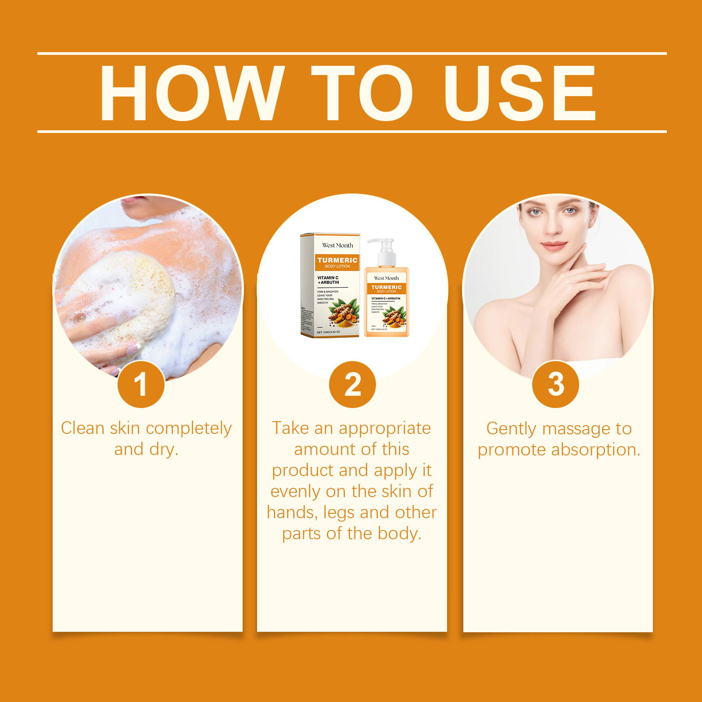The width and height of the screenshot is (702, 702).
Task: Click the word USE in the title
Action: (x=520, y=93)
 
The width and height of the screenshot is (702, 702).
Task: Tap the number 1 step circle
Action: (x=141, y=384)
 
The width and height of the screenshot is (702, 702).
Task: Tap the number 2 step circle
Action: (x=352, y=384)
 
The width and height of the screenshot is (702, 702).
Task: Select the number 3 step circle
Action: (x=555, y=384)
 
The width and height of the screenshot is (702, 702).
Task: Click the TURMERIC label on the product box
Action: (x=337, y=260)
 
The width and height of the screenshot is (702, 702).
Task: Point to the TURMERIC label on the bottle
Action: (x=386, y=287)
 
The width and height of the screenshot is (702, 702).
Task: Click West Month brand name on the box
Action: (x=337, y=245)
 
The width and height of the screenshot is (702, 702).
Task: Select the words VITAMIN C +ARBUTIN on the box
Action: (x=328, y=280)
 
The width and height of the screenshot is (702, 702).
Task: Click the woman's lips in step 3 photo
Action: (x=553, y=245)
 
